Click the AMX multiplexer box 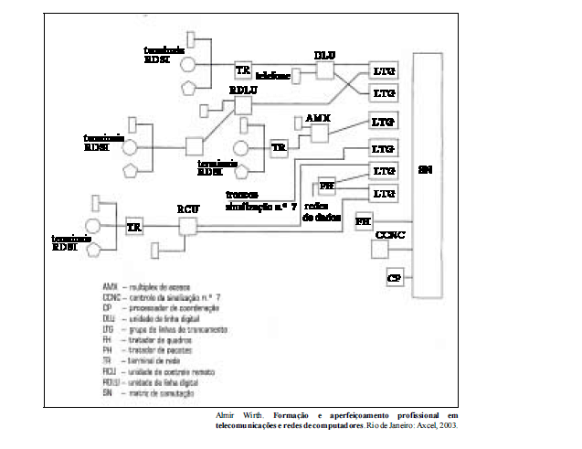click(319, 134)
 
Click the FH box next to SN click(363, 222)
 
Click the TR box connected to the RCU click(134, 227)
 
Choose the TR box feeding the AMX click(280, 146)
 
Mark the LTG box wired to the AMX click(382, 122)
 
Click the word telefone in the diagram click(272, 75)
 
